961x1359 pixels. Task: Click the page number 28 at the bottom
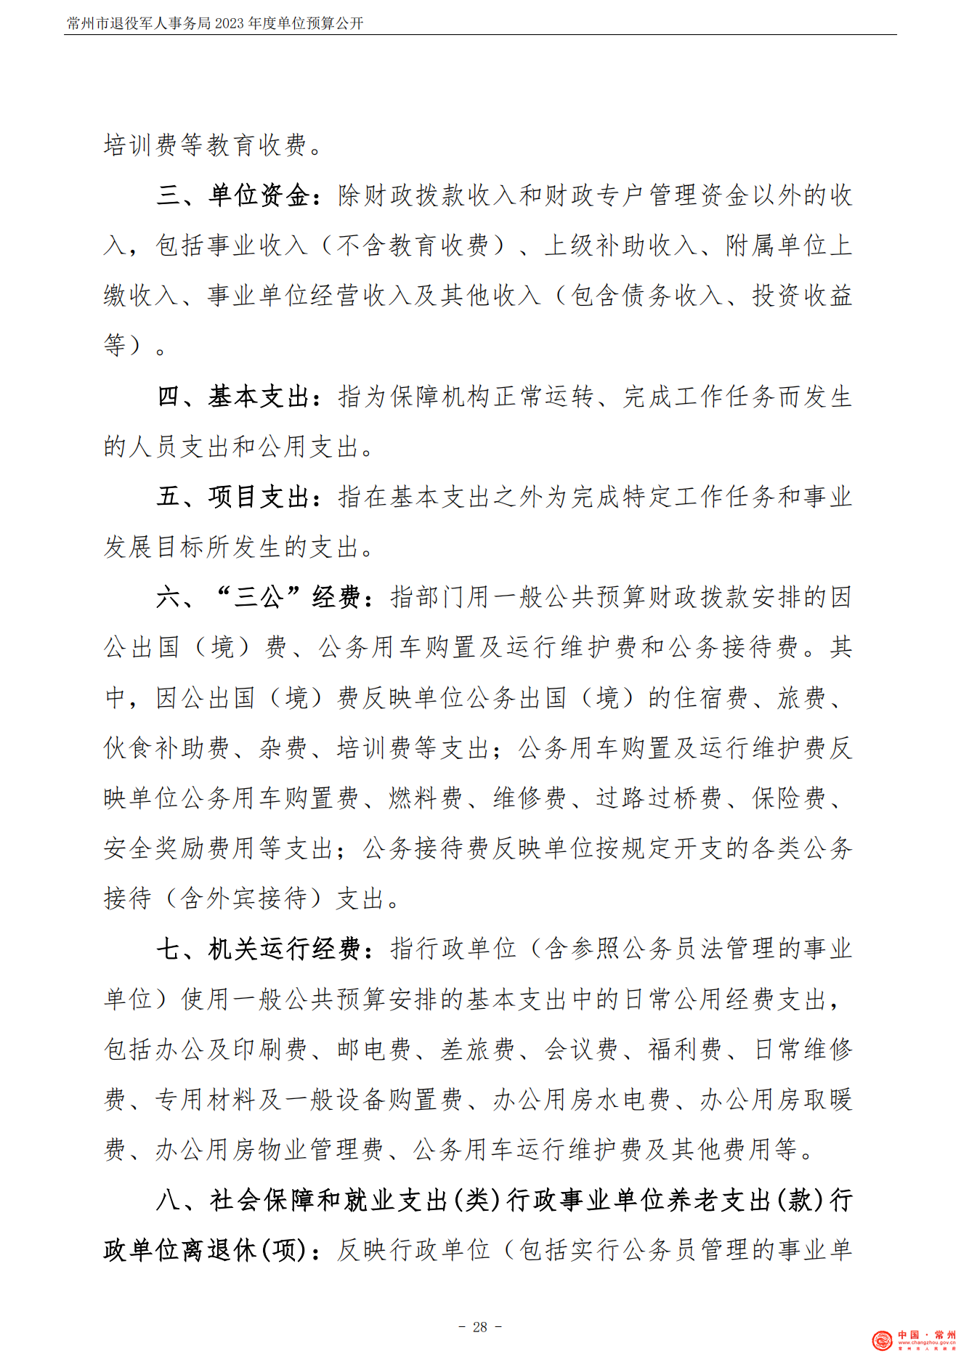[480, 1327]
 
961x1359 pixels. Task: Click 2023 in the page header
[230, 23]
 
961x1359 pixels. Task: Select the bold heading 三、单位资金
[234, 195]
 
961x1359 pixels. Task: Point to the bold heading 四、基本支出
[234, 397]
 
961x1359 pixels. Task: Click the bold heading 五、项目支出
[234, 497]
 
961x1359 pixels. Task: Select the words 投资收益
[802, 296]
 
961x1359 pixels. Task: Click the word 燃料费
[426, 798]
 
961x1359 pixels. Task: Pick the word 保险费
[789, 798]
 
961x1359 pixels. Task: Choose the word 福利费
[685, 1049]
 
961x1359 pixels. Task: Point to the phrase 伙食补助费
[168, 747]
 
